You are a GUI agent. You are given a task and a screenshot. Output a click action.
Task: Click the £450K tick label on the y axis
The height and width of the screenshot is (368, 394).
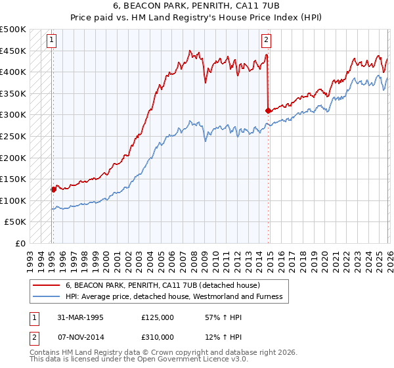tap(13, 51)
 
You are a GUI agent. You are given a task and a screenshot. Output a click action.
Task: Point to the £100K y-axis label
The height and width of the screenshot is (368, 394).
tap(13, 200)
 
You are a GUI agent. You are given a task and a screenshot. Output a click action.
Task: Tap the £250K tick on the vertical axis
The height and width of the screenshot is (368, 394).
tap(13, 136)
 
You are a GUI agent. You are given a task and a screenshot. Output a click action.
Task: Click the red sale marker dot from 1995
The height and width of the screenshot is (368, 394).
tap(53, 189)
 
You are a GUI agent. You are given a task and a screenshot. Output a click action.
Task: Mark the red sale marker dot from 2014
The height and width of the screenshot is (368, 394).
tap(268, 110)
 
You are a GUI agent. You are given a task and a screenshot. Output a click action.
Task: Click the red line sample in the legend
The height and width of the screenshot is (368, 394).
tap(47, 285)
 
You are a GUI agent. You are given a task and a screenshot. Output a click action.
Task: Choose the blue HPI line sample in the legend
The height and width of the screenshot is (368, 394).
tap(47, 296)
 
